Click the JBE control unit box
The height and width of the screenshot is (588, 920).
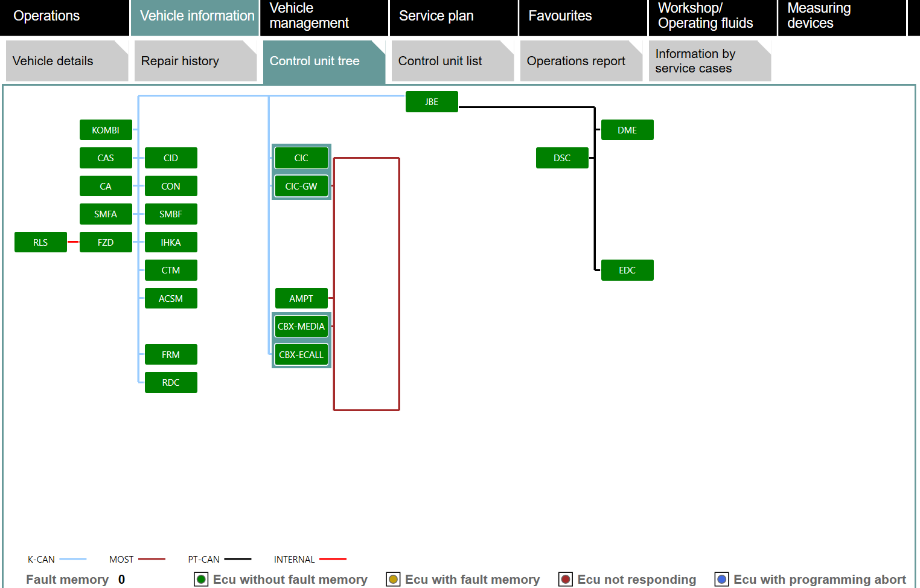[432, 102]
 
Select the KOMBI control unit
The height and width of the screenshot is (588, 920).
[106, 130]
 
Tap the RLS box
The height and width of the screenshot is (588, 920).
[40, 242]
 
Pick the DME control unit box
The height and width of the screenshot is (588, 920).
[627, 130]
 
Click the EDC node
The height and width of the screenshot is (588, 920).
[627, 270]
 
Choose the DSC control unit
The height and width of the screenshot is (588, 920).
[562, 158]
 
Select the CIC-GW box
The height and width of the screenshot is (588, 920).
[301, 186]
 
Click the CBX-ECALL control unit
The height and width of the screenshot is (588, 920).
[301, 355]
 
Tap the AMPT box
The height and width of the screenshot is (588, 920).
[301, 298]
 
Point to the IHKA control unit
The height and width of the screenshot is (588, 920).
[171, 242]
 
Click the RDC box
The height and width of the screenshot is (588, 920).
[171, 383]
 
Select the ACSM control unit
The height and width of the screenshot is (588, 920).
[171, 298]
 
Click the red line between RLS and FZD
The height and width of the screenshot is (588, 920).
[73, 242]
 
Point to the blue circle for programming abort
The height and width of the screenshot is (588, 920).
[721, 580]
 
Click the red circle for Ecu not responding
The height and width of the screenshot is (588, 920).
[566, 580]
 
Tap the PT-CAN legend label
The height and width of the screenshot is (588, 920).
[203, 559]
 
